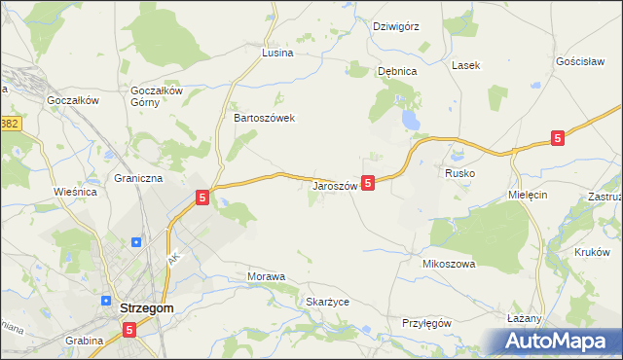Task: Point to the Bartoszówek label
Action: tap(264, 118)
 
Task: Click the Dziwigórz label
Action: tap(395, 26)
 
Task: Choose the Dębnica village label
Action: tap(397, 71)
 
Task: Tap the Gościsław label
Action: tap(580, 60)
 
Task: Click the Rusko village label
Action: tap(459, 172)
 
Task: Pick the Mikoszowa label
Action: tap(448, 264)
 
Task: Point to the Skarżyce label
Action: tap(327, 303)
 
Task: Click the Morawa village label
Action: tap(266, 277)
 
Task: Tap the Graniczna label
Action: tap(138, 179)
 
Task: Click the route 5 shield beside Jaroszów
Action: tap(368, 182)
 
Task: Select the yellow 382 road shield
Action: tap(10, 124)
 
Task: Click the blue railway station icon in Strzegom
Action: tap(136, 242)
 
